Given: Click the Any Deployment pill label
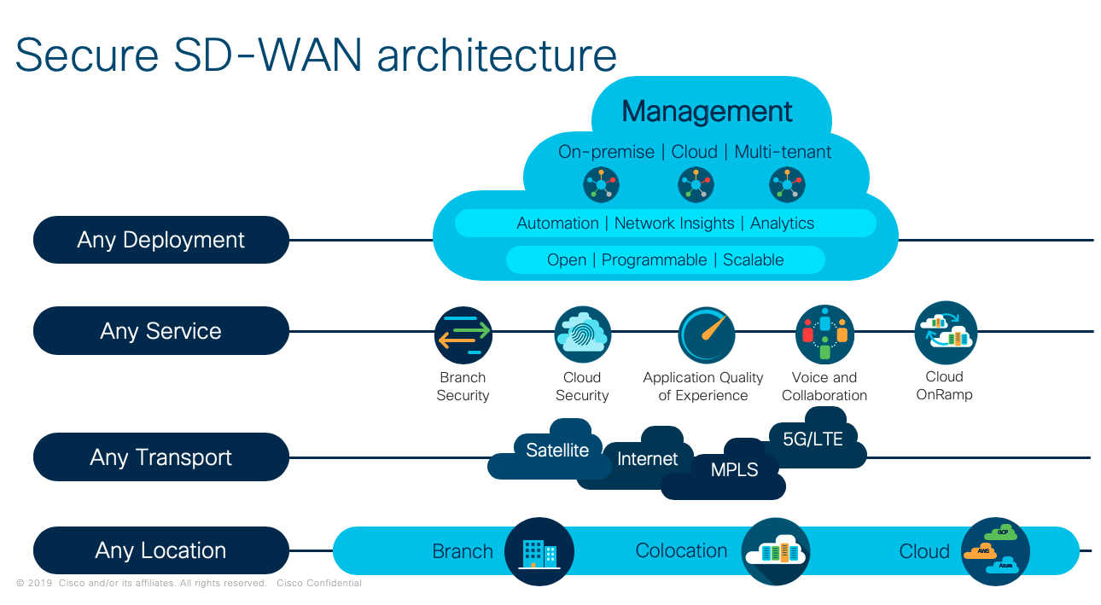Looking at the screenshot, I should coord(160,240).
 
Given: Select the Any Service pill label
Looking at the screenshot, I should coord(160,331).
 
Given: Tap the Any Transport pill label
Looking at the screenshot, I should coord(160,457).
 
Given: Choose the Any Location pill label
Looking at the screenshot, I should coord(160,550).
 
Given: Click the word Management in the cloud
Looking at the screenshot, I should coord(707,112).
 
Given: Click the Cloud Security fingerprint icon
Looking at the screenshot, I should coord(582,335).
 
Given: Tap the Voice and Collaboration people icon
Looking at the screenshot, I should coord(824,334).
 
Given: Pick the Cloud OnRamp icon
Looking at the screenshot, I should coord(945,333).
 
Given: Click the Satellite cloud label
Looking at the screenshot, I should coord(557,450).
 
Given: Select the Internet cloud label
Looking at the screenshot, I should coord(647,459).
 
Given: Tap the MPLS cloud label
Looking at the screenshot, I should coord(734,469).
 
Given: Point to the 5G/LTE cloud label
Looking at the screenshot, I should coord(813,439).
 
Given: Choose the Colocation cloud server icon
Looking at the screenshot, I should coord(775,552).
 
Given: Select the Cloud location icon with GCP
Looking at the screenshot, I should coord(995,551).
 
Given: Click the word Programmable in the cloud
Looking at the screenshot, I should coord(654,260).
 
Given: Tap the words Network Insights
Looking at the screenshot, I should coord(674,224).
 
